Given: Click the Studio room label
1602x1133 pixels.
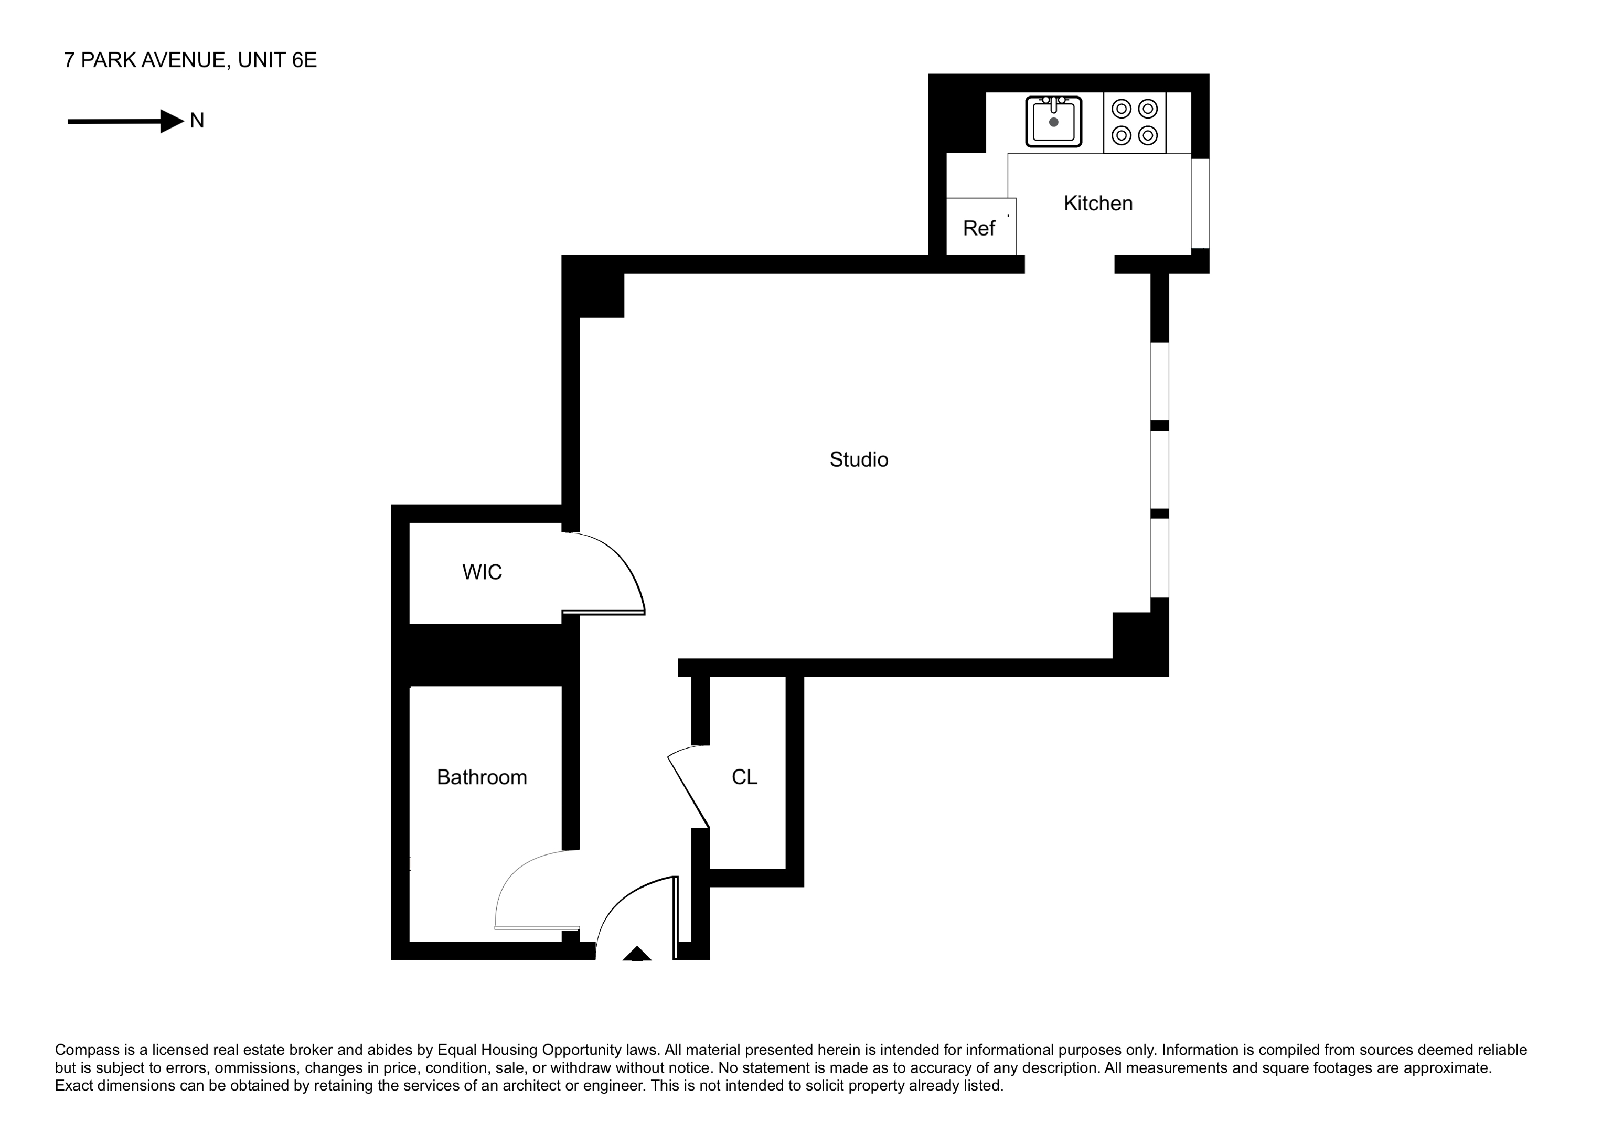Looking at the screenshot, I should (x=858, y=460).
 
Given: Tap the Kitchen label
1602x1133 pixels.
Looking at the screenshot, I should (x=1097, y=204).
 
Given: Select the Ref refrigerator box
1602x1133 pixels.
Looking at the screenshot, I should (x=980, y=228).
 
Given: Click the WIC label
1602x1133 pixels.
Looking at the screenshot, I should (x=482, y=572).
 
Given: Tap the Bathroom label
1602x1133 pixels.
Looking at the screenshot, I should (x=482, y=777).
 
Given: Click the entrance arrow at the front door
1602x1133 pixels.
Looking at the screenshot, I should (x=636, y=954).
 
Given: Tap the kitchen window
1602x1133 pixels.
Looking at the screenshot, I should (x=1200, y=203).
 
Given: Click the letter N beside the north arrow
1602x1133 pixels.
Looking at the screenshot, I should (x=197, y=121).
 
